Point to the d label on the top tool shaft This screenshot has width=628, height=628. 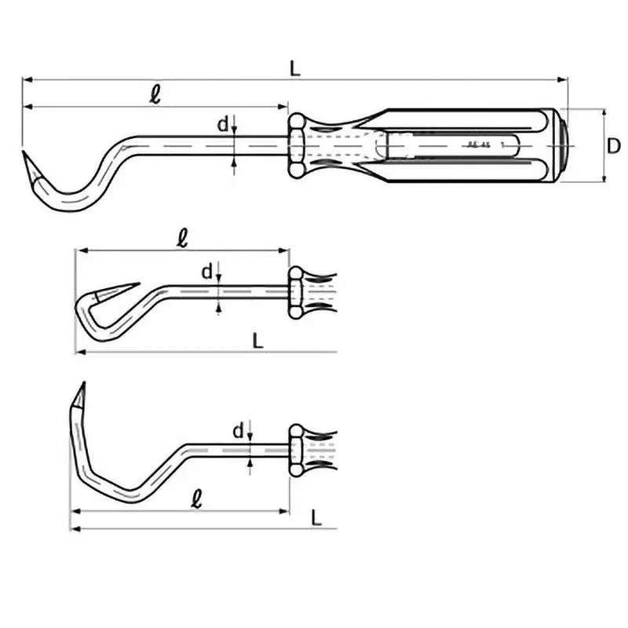(223, 124)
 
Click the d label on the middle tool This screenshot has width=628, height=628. (207, 272)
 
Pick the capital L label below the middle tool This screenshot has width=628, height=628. (258, 340)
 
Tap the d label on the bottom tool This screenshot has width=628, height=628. (237, 430)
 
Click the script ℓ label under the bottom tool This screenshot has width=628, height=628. (196, 498)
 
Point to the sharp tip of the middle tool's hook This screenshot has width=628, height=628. (138, 285)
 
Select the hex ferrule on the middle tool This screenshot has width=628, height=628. (297, 292)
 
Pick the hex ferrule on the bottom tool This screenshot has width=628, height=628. (297, 449)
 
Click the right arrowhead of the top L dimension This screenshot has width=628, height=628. (563, 78)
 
